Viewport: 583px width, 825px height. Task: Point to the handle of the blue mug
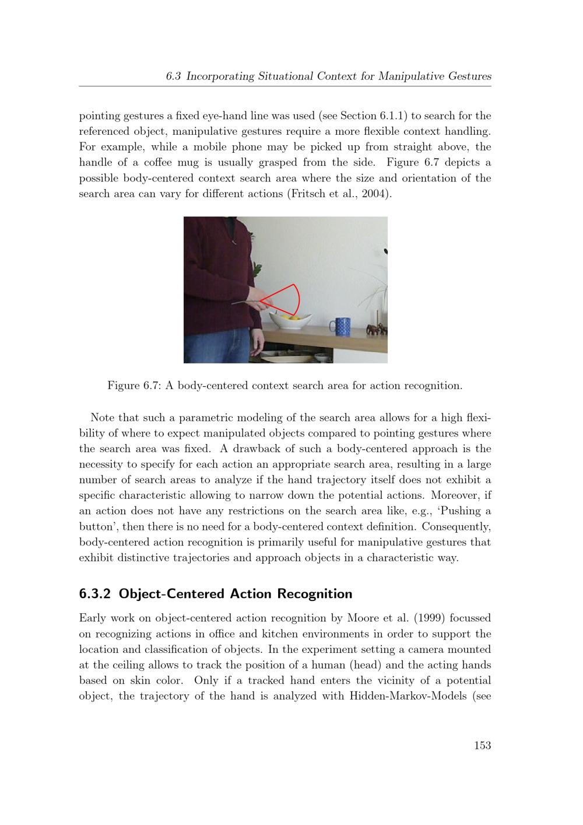click(x=331, y=327)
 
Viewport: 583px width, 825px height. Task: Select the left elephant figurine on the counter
click(x=372, y=330)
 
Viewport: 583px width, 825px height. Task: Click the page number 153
click(x=482, y=745)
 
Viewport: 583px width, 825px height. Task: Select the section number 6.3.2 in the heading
click(x=96, y=594)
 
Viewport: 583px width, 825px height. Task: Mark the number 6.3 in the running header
click(x=174, y=76)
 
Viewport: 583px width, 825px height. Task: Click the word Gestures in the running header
click(x=469, y=76)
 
